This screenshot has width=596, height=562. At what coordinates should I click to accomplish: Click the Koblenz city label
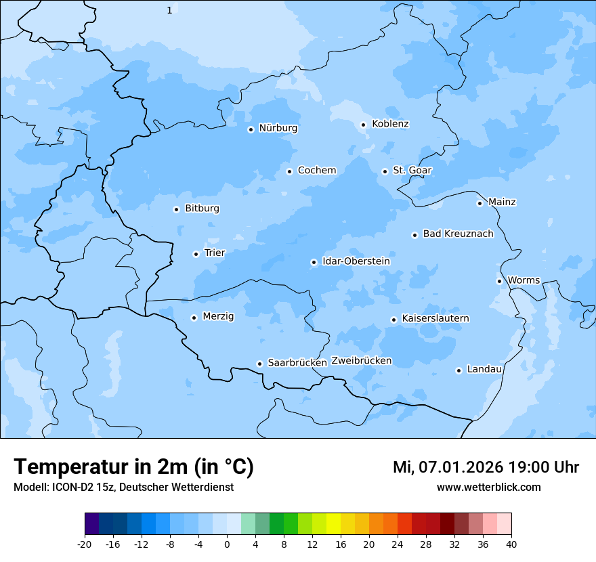point(390,124)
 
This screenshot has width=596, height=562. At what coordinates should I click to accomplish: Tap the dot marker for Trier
point(196,254)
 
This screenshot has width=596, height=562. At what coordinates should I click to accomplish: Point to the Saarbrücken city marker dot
point(259,364)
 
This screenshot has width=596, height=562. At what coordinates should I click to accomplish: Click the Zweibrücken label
point(361,361)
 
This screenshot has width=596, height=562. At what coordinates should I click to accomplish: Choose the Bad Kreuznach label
point(458,234)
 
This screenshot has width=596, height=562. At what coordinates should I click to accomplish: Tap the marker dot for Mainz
point(480,203)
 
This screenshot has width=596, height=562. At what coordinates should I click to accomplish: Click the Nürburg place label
point(278,128)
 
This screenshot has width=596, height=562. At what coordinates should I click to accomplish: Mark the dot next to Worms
point(499,281)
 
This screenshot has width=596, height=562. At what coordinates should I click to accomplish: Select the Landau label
point(484,369)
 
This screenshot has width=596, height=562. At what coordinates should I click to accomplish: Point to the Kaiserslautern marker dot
point(393,320)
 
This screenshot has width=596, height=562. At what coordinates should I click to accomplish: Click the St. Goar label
point(412,170)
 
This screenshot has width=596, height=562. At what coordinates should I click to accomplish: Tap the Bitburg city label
point(202,209)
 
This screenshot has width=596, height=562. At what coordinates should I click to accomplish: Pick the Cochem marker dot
point(289,171)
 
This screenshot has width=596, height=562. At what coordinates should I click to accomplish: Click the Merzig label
point(218,316)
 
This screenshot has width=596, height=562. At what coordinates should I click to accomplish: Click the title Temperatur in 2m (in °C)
point(133,467)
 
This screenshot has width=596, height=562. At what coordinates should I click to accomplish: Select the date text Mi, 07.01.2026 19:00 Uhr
point(486,467)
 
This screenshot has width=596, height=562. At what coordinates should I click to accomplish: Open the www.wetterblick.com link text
point(488,487)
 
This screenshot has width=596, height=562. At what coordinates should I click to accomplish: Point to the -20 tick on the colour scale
point(85,543)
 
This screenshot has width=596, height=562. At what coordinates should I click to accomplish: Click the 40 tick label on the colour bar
point(511,543)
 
